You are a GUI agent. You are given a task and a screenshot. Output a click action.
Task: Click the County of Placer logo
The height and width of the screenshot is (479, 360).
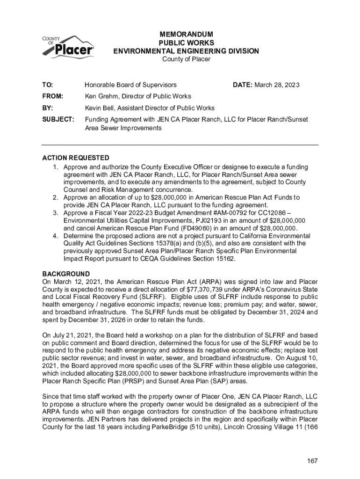(x=68, y=47)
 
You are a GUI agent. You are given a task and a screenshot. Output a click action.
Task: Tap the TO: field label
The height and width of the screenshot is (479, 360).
(x=48, y=85)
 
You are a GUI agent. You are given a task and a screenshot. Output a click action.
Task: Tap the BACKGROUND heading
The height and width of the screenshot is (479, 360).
(x=66, y=274)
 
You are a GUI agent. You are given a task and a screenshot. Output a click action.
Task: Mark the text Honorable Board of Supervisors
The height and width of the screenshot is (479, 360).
(x=130, y=85)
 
